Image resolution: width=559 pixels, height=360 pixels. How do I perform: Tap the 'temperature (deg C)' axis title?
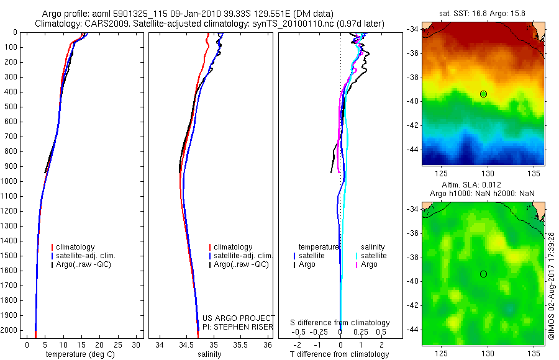79,354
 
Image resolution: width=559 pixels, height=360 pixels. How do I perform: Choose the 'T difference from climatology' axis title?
340,354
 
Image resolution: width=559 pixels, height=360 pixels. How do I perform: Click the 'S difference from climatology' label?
340,323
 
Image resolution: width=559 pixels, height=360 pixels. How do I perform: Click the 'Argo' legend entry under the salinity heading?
369,264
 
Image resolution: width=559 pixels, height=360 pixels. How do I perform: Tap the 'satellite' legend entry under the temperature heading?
312,256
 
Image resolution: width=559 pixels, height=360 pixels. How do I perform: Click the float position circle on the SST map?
483,94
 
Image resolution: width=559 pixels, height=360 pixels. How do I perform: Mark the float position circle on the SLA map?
483,274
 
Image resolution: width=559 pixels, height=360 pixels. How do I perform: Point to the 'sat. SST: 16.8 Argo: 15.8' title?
483,12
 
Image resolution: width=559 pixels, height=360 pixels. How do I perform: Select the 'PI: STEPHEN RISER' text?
239,327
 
